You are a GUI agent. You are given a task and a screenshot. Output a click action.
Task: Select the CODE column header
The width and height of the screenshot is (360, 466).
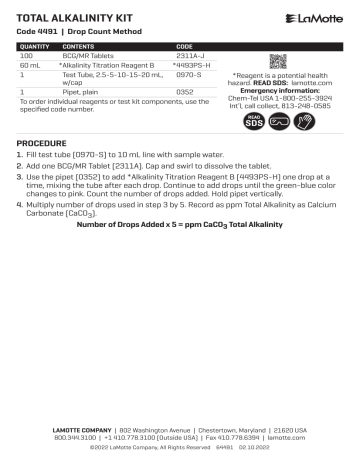(185, 46)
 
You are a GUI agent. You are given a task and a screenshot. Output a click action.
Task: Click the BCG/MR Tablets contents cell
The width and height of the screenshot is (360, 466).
(88, 55)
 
